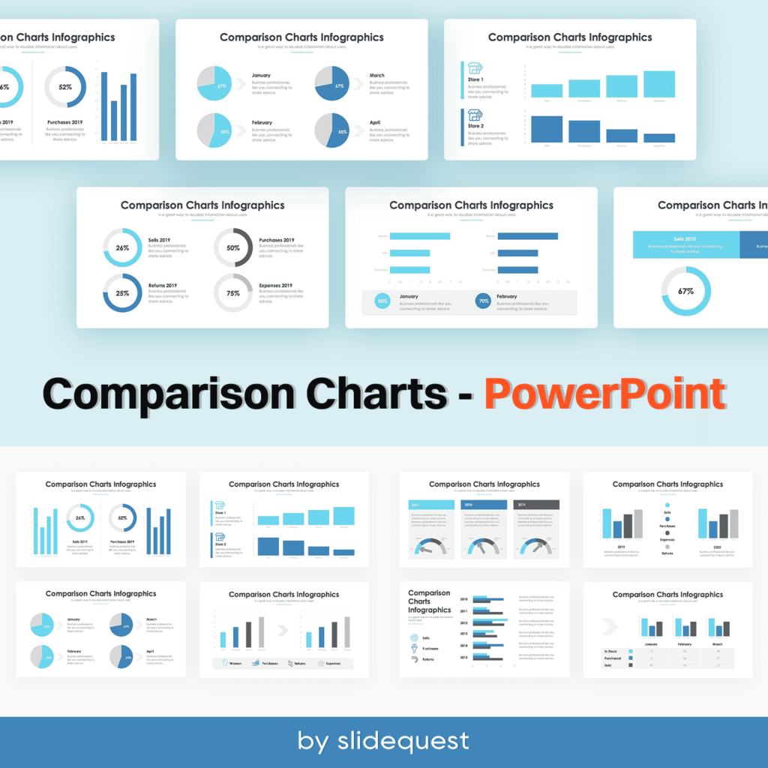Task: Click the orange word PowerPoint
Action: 604,394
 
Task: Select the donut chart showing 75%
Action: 233,293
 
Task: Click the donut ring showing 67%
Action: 685,291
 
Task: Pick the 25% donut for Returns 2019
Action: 122,293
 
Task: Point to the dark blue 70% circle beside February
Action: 484,301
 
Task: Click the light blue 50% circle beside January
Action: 383,301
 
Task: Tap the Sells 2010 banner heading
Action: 685,238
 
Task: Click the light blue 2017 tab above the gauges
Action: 431,505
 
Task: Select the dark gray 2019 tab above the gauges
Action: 535,505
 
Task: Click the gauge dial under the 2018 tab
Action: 484,547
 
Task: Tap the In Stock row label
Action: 611,652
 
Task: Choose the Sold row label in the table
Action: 608,665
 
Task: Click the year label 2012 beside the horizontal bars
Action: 463,622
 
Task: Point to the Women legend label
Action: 235,663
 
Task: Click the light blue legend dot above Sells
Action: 667,505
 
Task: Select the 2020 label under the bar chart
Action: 716,547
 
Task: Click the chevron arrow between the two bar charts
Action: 282,630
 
